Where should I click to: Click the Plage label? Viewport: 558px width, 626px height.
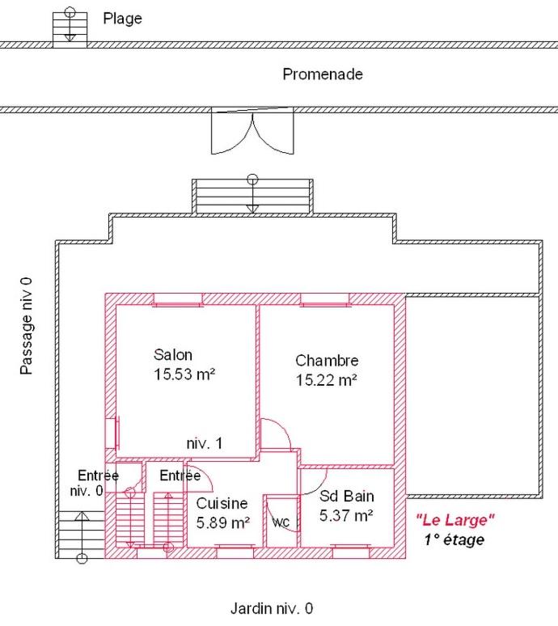click(123, 19)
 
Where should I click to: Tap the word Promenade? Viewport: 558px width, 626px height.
click(323, 74)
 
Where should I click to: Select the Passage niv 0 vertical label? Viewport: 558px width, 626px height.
click(27, 326)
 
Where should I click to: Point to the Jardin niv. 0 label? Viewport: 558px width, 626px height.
click(272, 608)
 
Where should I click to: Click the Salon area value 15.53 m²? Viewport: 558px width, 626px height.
click(184, 374)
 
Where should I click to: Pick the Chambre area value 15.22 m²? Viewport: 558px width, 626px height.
click(326, 380)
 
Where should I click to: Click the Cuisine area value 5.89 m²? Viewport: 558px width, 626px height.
click(223, 522)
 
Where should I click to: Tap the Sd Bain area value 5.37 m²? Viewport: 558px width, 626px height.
click(346, 515)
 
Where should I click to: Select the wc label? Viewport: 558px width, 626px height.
click(281, 522)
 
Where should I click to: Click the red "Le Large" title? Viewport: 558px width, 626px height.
click(455, 520)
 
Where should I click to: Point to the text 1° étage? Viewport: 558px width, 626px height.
click(454, 539)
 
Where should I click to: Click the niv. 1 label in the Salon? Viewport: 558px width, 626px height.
click(205, 443)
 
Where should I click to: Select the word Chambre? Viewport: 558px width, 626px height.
click(327, 361)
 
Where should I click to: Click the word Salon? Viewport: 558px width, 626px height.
click(173, 355)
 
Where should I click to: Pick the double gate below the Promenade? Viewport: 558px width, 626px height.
click(252, 130)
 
